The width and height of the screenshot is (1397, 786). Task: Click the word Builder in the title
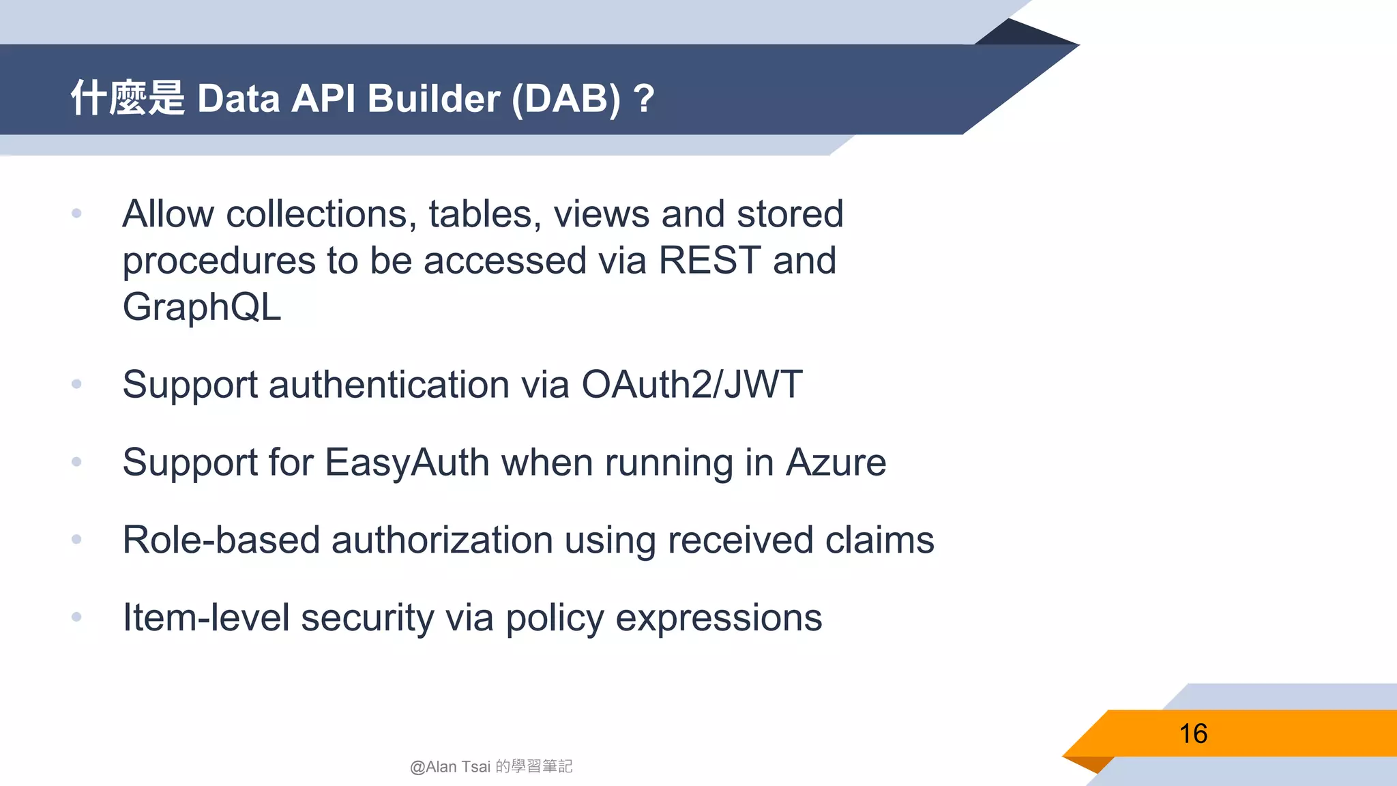click(x=434, y=99)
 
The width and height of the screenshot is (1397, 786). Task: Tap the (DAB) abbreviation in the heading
click(x=566, y=99)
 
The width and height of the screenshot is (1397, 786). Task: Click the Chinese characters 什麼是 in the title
click(x=128, y=98)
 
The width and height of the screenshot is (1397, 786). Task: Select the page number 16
click(x=1193, y=734)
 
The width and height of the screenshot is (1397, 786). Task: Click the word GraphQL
click(x=202, y=307)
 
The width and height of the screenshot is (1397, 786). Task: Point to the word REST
click(x=709, y=261)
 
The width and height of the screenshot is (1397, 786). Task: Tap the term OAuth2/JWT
click(x=692, y=384)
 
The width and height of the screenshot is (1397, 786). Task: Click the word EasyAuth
click(x=407, y=463)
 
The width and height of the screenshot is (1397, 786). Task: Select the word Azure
click(x=836, y=463)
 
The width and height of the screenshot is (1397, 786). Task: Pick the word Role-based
click(x=221, y=540)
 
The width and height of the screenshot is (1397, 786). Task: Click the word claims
click(x=879, y=540)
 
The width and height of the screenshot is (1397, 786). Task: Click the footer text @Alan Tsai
click(x=450, y=767)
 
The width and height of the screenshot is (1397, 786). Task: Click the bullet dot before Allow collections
click(x=76, y=214)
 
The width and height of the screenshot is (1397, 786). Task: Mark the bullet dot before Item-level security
click(x=76, y=617)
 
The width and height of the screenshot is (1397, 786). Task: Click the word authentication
click(x=389, y=385)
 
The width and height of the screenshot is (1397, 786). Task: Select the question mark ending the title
click(x=643, y=99)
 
